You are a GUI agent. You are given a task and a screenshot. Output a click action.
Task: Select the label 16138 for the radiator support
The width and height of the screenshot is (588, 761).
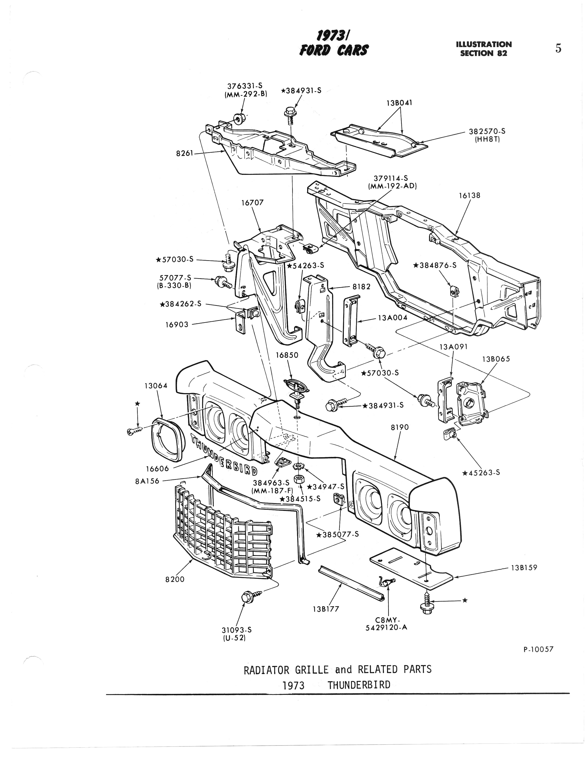[469, 195]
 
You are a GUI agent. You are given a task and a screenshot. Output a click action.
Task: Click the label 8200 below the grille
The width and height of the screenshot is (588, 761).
[175, 579]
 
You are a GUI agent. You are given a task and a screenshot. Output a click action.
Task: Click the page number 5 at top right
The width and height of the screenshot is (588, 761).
[558, 48]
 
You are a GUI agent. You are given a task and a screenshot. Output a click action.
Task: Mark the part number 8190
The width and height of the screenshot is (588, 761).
[399, 427]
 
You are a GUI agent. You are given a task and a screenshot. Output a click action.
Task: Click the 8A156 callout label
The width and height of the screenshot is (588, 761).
[147, 481]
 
